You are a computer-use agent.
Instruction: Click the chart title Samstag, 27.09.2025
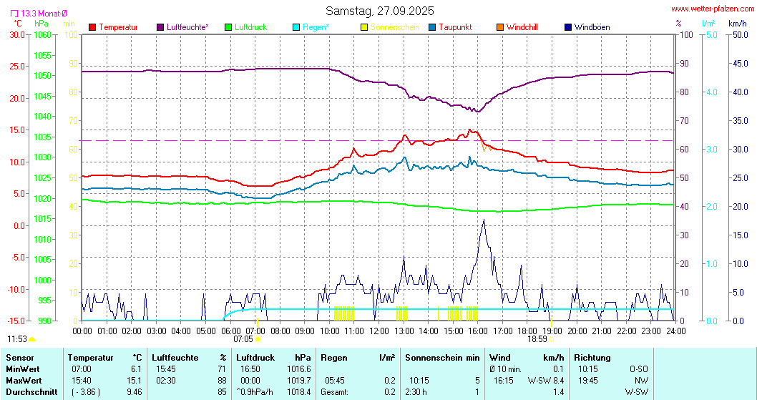[x=379, y=11]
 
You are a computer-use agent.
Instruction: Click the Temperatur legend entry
[x=118, y=27]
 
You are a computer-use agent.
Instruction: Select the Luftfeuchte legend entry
[x=187, y=27]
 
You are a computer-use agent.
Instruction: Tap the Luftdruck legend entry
[x=250, y=27]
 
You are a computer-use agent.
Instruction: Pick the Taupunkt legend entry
[x=454, y=27]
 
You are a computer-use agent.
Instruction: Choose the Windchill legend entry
[x=522, y=27]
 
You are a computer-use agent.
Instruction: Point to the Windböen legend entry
[x=592, y=27]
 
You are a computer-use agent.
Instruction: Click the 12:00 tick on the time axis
[x=379, y=331]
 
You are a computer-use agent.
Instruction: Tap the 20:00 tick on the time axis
[x=577, y=331]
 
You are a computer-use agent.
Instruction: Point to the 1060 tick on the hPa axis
[x=43, y=34]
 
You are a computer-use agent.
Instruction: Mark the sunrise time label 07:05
[x=243, y=339]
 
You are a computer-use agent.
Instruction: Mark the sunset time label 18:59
[x=537, y=339]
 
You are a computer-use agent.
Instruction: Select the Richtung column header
[x=592, y=357]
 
